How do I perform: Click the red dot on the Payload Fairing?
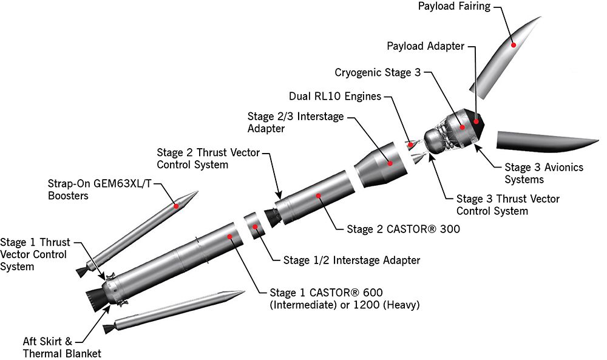[x=514, y=44]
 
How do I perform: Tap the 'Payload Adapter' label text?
[x=426, y=46]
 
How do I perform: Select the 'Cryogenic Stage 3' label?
[x=377, y=72]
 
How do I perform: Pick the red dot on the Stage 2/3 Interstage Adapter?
[x=390, y=163]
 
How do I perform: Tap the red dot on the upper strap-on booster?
[x=176, y=206]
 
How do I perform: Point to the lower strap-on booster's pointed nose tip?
[x=243, y=292]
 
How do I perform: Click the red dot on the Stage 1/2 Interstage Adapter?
[x=256, y=226]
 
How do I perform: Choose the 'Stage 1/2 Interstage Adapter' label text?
[x=351, y=260]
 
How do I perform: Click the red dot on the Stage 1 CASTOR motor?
[x=230, y=235]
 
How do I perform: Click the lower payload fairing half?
[x=546, y=141]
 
